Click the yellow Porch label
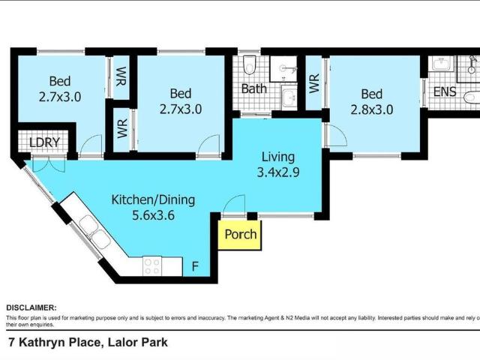tap(241, 234)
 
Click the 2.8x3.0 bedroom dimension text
tap(371, 109)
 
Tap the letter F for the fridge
tap(195, 265)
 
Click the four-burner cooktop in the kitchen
tap(153, 265)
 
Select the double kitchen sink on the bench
tap(92, 231)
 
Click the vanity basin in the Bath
tap(288, 97)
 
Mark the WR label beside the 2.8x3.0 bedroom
tap(314, 82)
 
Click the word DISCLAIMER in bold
tap(31, 307)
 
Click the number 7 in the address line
tap(10, 343)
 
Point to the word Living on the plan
tap(277, 157)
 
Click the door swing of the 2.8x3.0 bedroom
tap(335, 135)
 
